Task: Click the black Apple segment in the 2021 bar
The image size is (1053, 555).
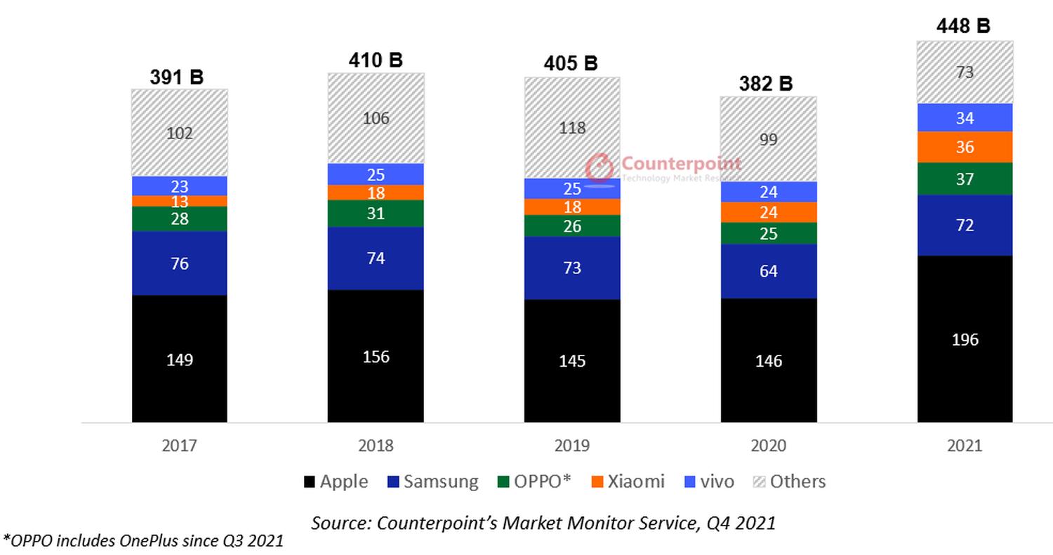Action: coord(965,339)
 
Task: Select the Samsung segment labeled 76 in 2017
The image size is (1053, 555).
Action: coord(179,263)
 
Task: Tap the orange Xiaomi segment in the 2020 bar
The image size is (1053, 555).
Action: coord(769,212)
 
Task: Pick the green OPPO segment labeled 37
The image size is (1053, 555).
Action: coord(965,178)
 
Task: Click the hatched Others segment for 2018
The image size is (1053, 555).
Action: coord(376,118)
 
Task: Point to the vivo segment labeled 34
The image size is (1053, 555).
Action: coord(965,117)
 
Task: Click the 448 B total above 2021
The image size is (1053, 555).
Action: coord(963,26)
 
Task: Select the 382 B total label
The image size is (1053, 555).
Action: coord(766,84)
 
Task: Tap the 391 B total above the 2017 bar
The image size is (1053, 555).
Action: coord(177,77)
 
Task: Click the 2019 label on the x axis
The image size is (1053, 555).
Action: coord(571,445)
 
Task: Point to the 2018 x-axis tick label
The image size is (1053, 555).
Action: coord(376,445)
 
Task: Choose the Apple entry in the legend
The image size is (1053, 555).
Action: coord(336,482)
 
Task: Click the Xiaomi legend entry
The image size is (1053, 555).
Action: coord(628,482)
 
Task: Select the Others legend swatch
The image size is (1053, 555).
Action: coord(759,482)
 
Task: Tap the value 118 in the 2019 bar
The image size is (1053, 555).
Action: coord(572,128)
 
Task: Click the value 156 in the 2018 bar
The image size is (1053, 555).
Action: coord(376,357)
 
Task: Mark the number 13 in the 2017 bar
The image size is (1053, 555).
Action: coord(180,202)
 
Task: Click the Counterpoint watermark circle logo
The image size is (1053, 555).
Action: coord(600,167)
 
